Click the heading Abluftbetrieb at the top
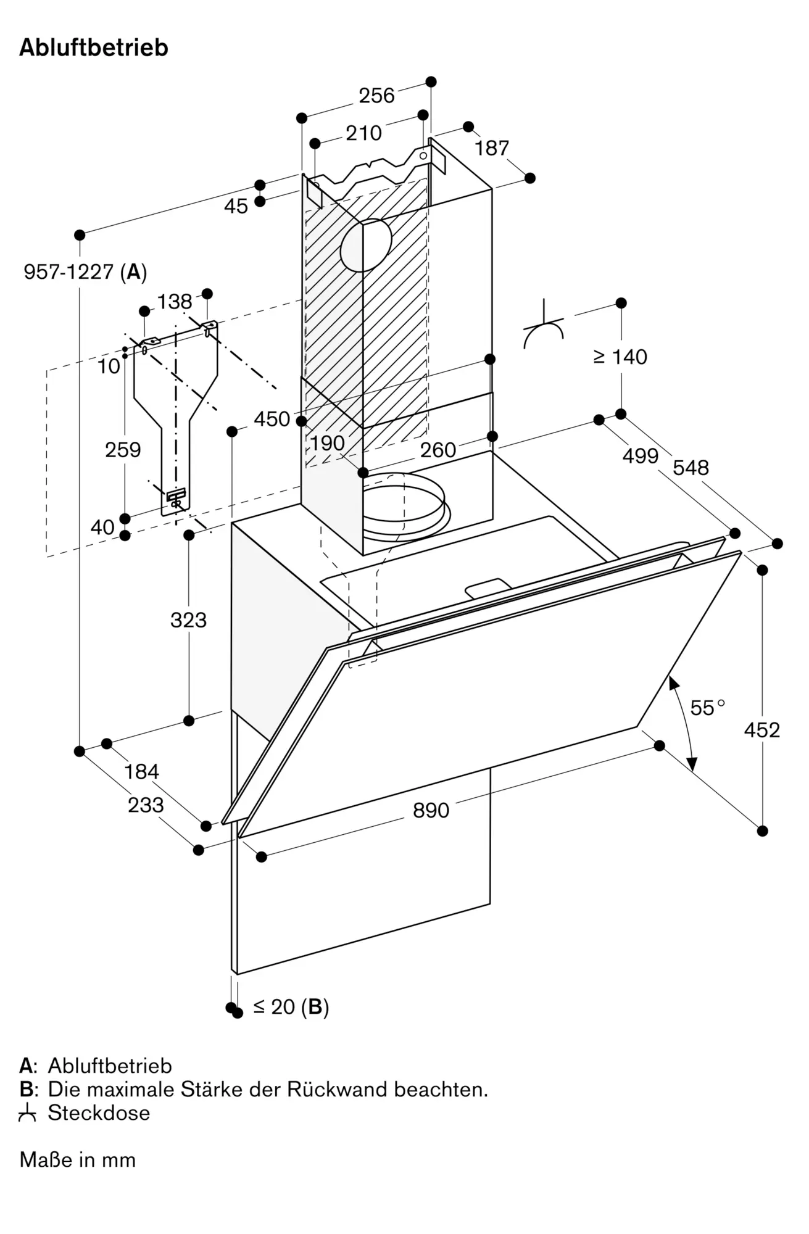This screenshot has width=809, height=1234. point(94,48)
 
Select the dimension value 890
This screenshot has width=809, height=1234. point(431,810)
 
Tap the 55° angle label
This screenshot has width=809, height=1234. point(707,708)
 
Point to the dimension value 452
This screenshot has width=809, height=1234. point(762,730)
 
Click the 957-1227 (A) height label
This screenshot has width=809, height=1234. point(85,271)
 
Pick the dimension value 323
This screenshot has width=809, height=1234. point(188,620)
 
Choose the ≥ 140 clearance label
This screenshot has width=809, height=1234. point(620,357)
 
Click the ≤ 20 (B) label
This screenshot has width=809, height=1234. point(291,1007)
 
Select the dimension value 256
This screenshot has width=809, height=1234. point(376,96)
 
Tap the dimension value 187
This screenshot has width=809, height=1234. point(491,148)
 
